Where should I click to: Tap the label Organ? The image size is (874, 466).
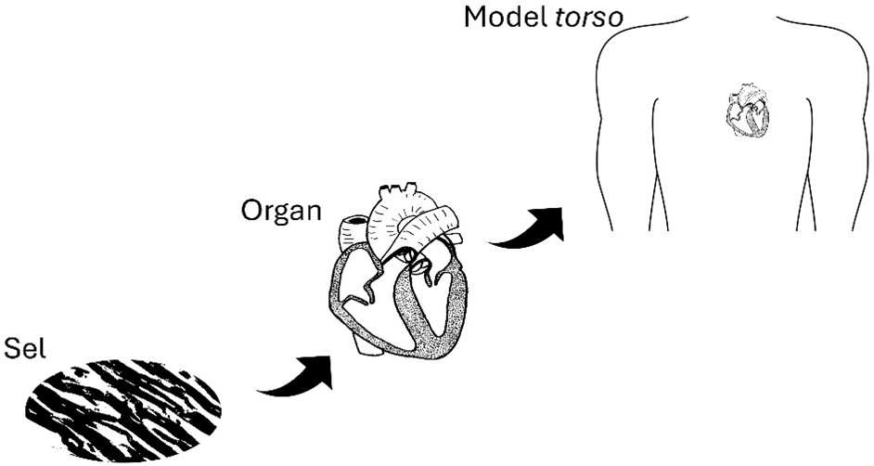[281, 211]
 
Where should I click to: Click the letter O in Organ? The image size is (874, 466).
[251, 210]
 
